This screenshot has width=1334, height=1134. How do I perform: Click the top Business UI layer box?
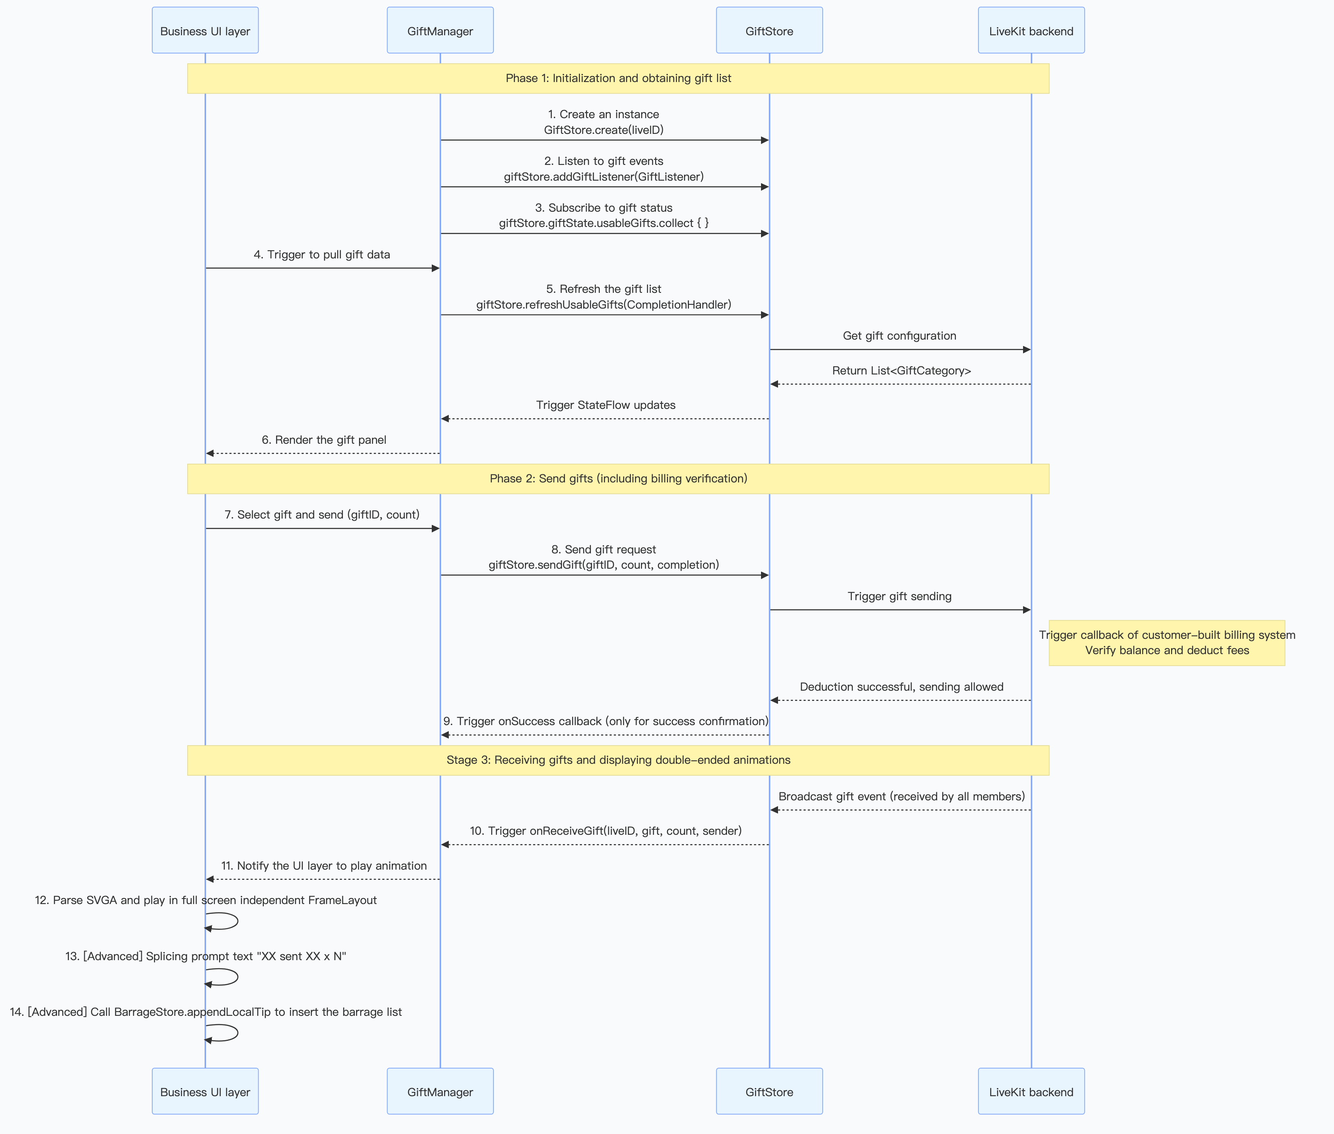tap(205, 31)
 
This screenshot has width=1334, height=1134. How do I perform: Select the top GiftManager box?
tap(440, 31)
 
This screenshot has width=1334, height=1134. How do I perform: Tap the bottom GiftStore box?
tap(769, 1091)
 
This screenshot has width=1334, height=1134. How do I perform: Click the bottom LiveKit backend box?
tap(1031, 1091)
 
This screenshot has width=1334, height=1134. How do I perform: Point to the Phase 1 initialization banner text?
tap(618, 79)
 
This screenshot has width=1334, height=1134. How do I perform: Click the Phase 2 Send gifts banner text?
tap(618, 478)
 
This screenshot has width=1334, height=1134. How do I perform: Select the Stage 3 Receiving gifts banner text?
tap(618, 760)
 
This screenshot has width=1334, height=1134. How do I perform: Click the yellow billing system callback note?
tap(1167, 642)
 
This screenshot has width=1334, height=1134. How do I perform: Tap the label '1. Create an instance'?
tap(603, 114)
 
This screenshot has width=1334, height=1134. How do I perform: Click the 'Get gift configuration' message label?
tap(899, 336)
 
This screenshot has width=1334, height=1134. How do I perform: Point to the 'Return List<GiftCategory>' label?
tap(901, 370)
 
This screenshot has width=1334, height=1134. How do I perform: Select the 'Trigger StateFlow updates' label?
tap(605, 405)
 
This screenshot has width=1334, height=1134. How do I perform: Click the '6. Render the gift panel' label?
tap(324, 440)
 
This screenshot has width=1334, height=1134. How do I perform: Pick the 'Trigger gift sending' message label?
tap(899, 596)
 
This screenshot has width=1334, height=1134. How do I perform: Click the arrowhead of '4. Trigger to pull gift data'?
tap(436, 268)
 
